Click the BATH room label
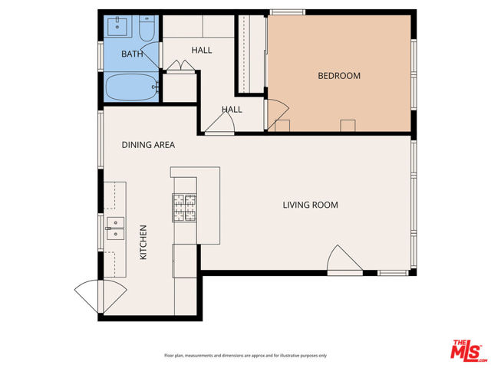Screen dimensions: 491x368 132,54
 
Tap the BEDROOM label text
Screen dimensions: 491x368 339,76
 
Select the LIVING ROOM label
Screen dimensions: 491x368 310,205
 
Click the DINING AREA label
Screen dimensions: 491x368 148,145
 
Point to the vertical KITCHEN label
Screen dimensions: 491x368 143,242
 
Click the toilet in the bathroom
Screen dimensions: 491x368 147,28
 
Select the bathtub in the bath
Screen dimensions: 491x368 131,87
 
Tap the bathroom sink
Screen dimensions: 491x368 117,27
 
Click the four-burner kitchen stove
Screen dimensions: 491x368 184,208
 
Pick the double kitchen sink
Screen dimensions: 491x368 116,228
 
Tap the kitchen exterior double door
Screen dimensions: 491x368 101,297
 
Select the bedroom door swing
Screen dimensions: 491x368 277,114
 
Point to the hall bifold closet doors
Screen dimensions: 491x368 180,67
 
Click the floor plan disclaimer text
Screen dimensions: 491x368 245,356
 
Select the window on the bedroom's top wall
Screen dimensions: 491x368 288,12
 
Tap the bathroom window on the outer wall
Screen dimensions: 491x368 101,57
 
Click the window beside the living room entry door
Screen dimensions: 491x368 393,273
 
